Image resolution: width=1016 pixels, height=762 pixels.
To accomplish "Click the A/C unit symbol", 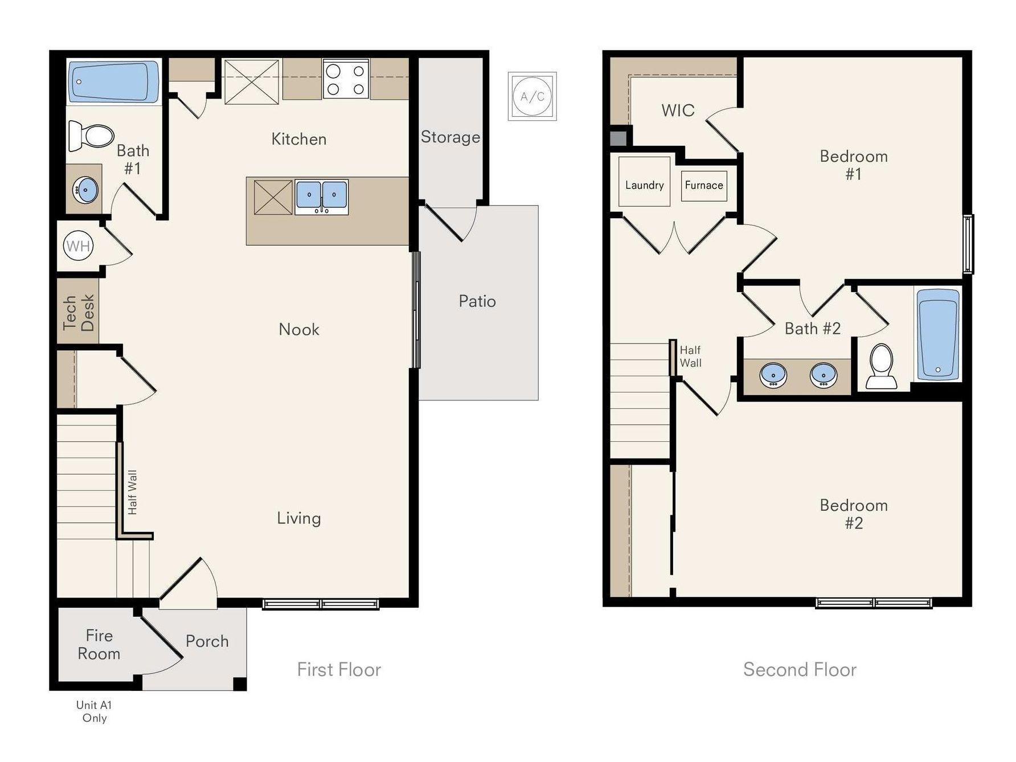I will click(532, 96).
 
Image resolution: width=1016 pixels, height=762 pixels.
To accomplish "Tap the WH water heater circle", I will click(78, 246).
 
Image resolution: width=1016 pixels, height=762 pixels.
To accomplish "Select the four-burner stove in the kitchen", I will click(346, 79).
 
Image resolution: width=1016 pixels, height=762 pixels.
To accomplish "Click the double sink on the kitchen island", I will click(321, 196).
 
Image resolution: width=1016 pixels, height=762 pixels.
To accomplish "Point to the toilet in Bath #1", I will click(91, 137).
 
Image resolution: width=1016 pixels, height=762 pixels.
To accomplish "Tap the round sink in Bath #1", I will click(86, 189).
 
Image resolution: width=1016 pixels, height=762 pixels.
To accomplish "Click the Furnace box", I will click(704, 186).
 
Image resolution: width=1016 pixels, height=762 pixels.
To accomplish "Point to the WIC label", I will click(678, 110).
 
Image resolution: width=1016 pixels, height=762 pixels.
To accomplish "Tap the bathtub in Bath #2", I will click(938, 334).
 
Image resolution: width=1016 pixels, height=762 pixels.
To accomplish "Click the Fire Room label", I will click(99, 644).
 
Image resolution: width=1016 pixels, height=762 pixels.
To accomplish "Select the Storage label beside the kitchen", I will click(450, 137).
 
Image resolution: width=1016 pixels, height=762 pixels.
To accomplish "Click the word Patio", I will click(477, 301).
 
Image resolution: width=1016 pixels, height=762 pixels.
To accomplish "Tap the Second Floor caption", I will click(800, 670).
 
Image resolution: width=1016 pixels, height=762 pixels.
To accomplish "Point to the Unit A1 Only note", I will click(95, 711).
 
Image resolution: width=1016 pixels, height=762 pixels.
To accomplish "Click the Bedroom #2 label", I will click(853, 514).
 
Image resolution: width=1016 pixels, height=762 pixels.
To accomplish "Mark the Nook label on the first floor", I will click(299, 329).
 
